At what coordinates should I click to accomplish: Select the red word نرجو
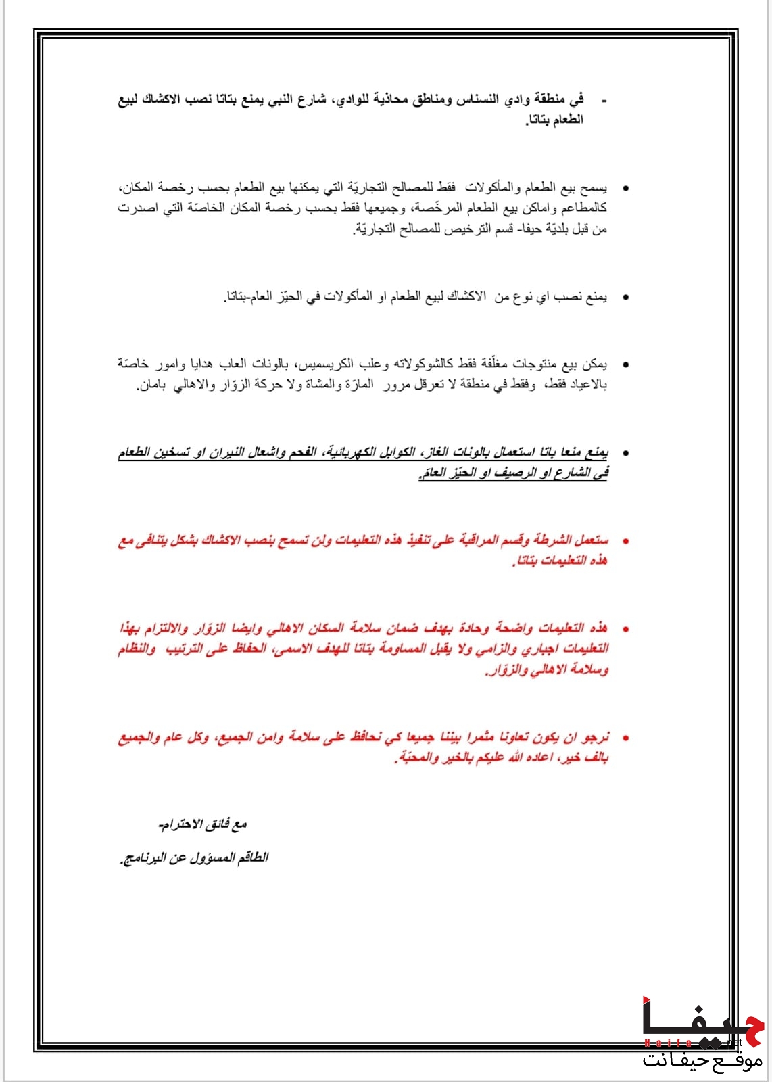tap(595, 736)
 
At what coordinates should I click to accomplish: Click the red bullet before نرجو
tap(625, 738)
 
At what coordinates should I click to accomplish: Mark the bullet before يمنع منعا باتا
tap(625, 454)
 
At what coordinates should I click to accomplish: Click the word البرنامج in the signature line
tap(144, 857)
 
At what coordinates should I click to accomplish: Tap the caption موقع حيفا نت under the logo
tap(702, 1059)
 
